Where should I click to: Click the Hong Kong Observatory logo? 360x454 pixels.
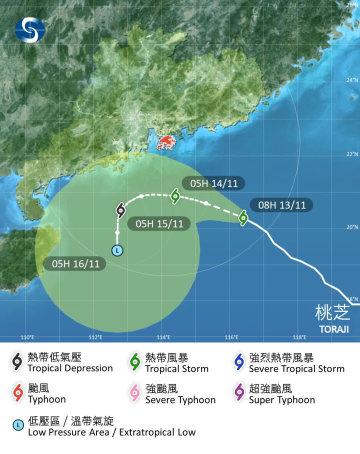click(29, 29)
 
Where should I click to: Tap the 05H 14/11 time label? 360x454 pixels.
click(213, 183)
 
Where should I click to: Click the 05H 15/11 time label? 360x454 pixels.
click(159, 223)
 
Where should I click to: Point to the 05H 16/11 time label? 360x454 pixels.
click(75, 264)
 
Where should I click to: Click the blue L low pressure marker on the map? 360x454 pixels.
click(117, 250)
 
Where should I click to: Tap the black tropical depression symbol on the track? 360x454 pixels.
click(120, 210)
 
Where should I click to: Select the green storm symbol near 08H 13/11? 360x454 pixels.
click(243, 217)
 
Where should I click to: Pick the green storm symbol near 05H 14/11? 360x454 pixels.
click(175, 195)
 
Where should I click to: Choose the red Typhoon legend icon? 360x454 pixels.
click(18, 393)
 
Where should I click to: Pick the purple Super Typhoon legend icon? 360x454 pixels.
click(239, 393)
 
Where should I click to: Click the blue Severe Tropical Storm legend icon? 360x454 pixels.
click(239, 362)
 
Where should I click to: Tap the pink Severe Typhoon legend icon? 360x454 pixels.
click(135, 393)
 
